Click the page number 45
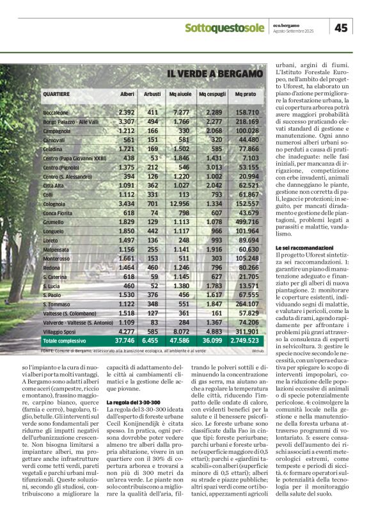point(342,27)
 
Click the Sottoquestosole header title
point(224,28)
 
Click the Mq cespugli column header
point(211,94)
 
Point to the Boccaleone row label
point(56,113)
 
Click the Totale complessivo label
point(67,341)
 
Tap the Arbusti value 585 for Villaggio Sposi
point(152,332)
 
